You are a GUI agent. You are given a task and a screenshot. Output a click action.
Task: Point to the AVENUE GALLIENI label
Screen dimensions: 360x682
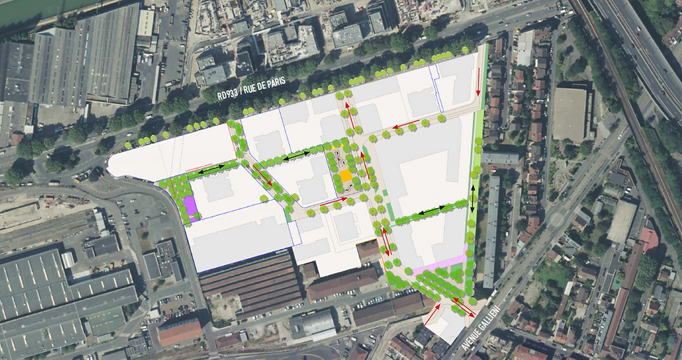coord(483,327)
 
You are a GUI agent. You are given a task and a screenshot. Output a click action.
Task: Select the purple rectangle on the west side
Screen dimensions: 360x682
coord(189,207)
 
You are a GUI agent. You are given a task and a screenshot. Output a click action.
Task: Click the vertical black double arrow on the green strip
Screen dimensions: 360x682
coord(473,199)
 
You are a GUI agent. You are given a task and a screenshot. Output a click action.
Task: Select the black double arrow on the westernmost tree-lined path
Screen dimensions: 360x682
coord(210,170)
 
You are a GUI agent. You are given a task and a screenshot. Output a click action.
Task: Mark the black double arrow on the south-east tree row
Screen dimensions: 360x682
coord(431,210)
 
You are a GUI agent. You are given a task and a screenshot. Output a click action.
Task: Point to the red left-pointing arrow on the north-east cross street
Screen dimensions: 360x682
coord(406,125)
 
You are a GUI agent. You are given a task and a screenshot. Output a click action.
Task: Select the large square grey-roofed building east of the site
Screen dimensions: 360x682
coord(569,113)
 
